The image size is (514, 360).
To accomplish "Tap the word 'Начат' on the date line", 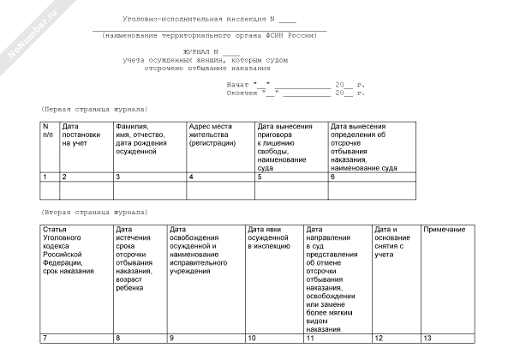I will coord(238,86).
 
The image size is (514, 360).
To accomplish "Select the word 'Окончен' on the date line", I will coord(242,93).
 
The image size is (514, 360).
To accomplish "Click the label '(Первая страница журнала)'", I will coord(94,110).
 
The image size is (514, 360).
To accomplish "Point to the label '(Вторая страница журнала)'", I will coord(94,212).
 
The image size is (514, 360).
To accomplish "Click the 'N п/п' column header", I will coord(50,131).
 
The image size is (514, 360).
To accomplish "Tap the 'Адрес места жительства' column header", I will coord(219,135).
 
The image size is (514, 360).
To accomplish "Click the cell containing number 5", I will coord(290,177).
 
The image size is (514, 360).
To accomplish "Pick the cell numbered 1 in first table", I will coord(50,177).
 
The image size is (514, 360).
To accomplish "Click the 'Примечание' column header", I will coord(444,230).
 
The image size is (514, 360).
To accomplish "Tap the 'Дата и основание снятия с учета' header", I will coord(394,243).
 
